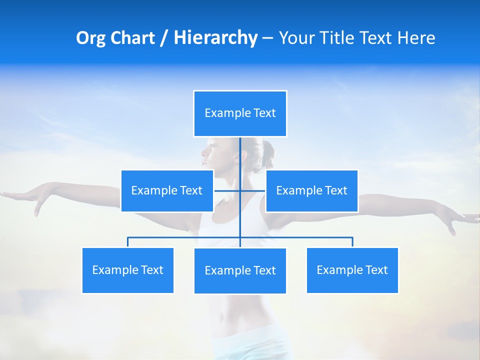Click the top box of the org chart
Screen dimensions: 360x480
240,113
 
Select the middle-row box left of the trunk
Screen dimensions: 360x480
167,190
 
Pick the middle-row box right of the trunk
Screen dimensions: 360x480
311,190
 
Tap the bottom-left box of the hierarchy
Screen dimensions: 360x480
127,270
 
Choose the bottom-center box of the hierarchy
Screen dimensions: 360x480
240,270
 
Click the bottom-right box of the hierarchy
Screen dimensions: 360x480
352,270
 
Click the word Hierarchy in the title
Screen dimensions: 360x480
215,38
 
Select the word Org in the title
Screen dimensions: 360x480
88,38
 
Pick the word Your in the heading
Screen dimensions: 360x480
298,38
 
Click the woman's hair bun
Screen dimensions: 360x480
268,149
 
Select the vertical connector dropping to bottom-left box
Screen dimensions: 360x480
128,242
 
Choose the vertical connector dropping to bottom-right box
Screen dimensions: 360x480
352,242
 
